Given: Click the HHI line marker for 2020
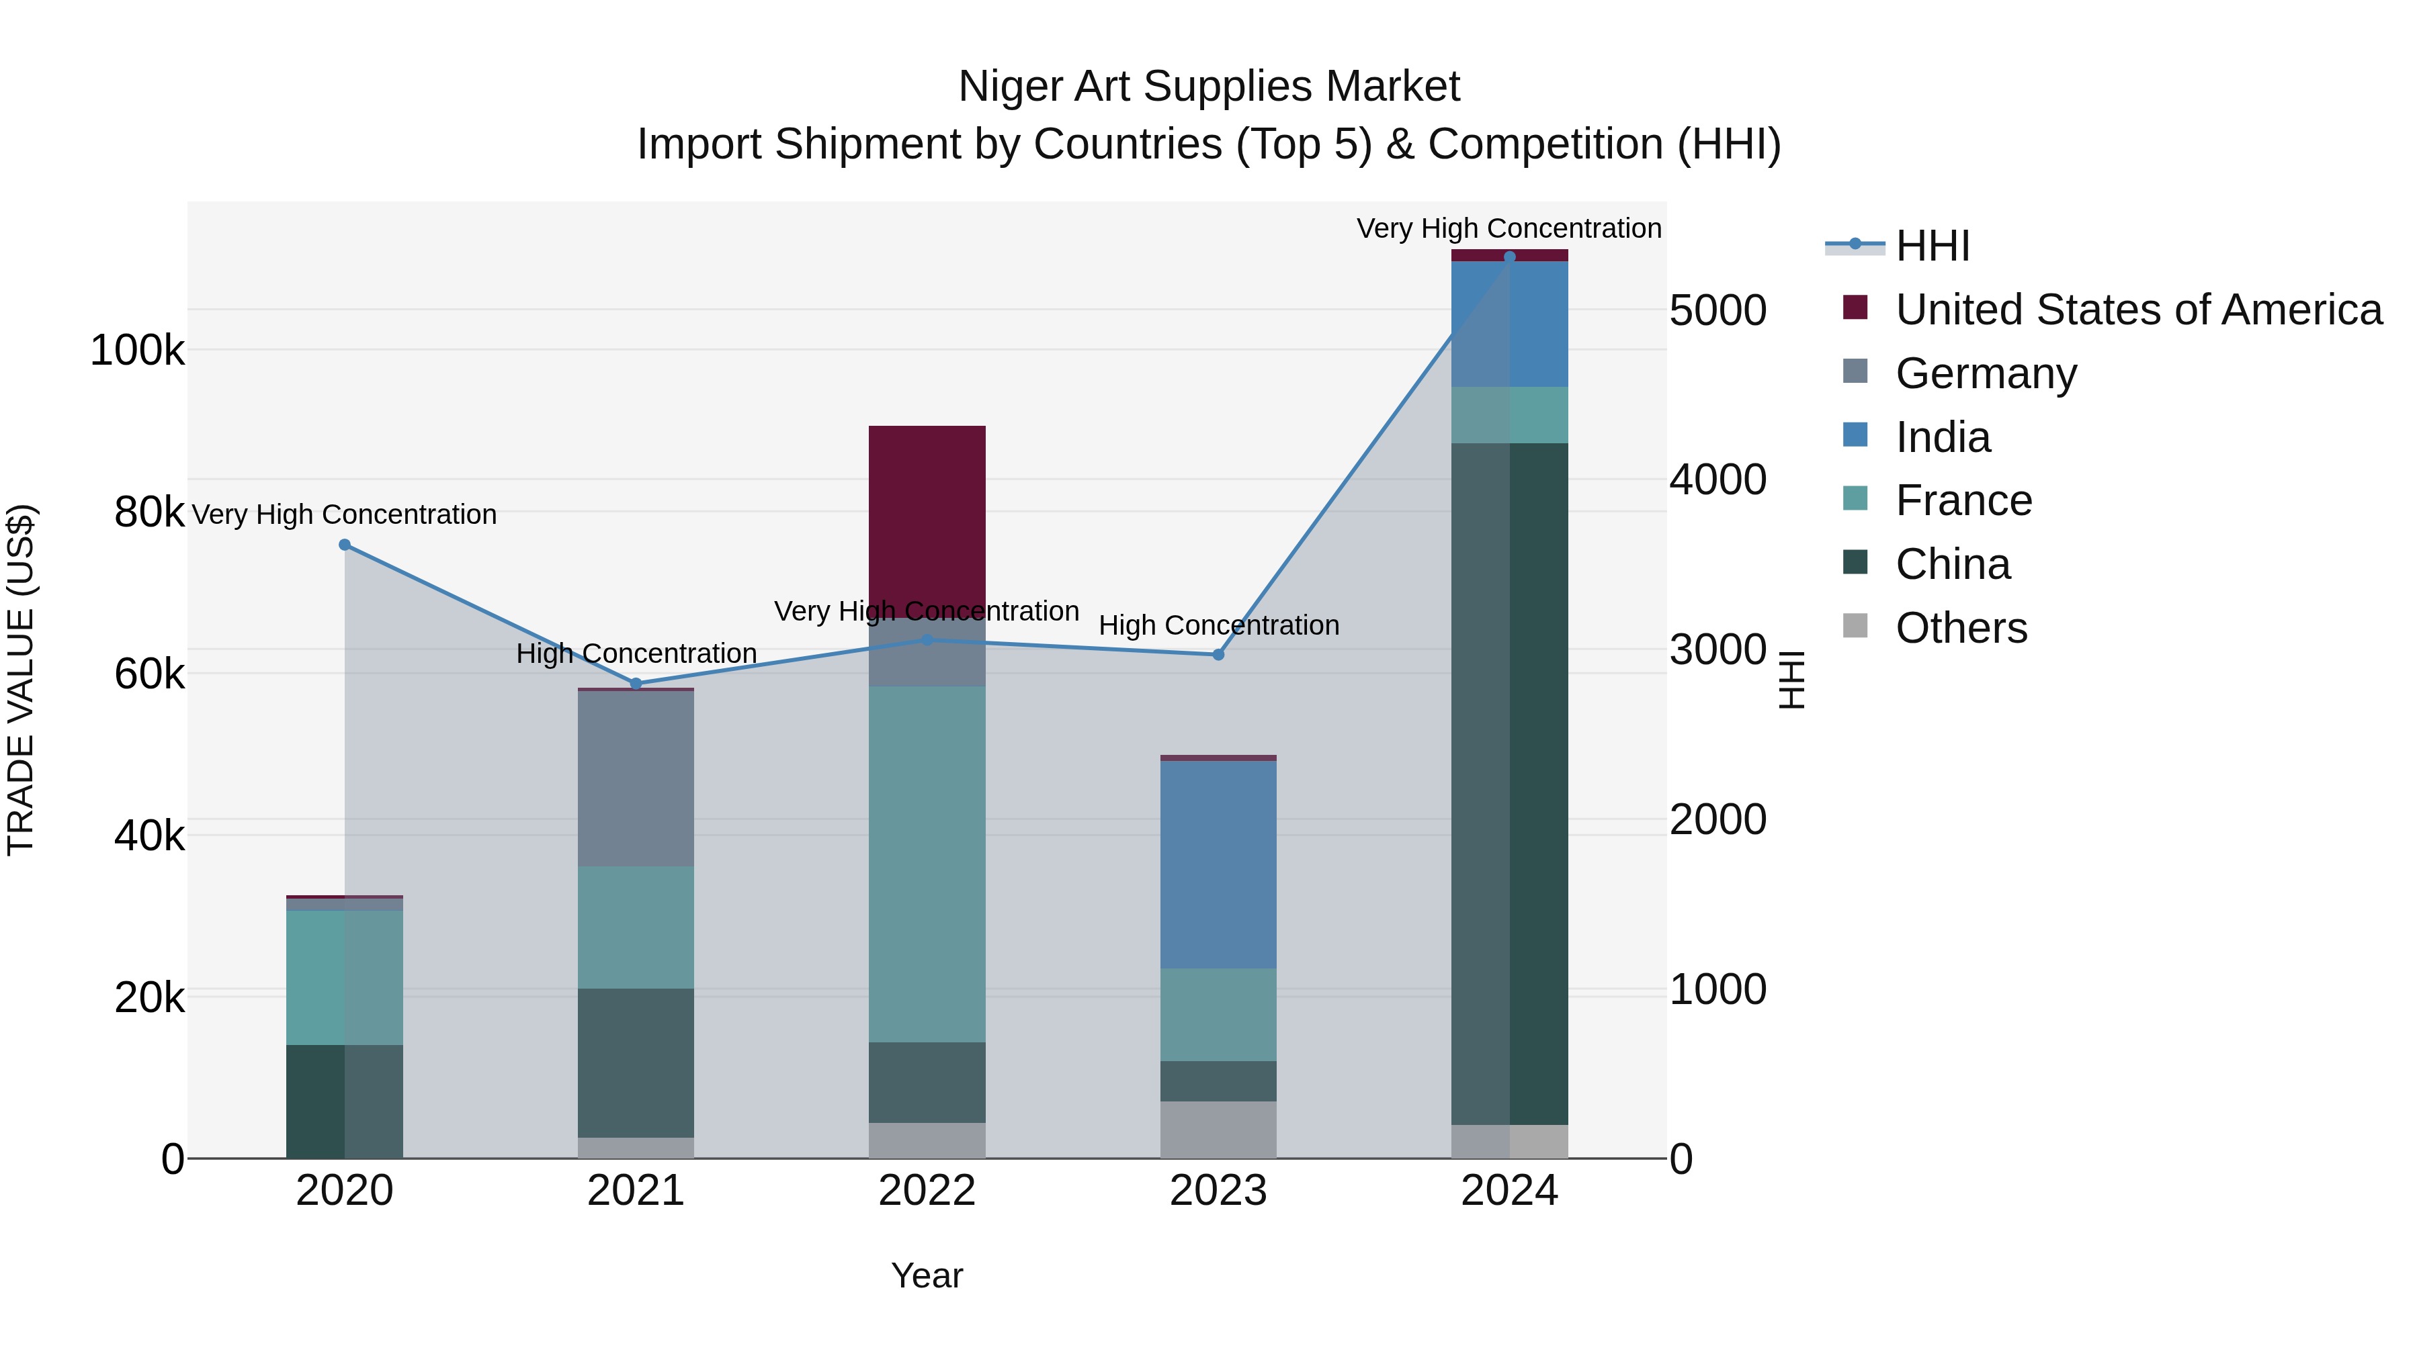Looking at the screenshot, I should pyautogui.click(x=345, y=545).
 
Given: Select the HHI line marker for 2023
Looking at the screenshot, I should pyautogui.click(x=1218, y=655).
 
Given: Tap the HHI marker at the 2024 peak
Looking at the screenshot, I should pyautogui.click(x=1509, y=257).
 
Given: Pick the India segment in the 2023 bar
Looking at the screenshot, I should pyautogui.click(x=1218, y=864).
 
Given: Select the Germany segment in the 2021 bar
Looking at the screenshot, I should pyautogui.click(x=636, y=778).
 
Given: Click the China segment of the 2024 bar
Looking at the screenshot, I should pyautogui.click(x=1509, y=784).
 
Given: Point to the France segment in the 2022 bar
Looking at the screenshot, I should pyautogui.click(x=927, y=864).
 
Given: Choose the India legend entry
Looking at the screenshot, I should pyautogui.click(x=1942, y=437).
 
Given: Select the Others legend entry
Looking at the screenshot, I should pyautogui.click(x=1961, y=628).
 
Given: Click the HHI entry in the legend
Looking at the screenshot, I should pyautogui.click(x=1932, y=246).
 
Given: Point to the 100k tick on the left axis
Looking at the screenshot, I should pyautogui.click(x=137, y=351).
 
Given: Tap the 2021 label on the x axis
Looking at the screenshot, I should pyautogui.click(x=636, y=1191).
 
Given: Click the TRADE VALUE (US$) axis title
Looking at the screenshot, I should pyautogui.click(x=21, y=680).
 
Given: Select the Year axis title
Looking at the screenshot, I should pyautogui.click(x=927, y=1275).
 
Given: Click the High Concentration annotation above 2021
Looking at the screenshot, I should pyautogui.click(x=636, y=653).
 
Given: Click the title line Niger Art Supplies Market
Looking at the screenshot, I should pyautogui.click(x=1209, y=87).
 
